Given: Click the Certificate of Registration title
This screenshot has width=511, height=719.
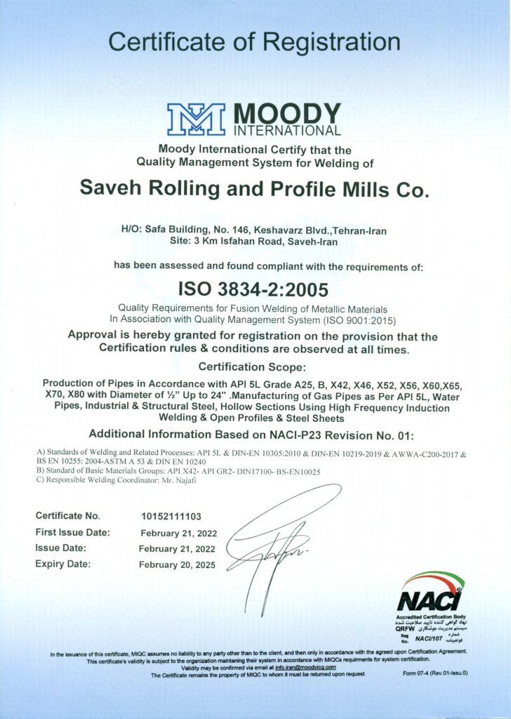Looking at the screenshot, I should [x=255, y=41].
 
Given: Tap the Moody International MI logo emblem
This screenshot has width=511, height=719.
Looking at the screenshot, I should [x=196, y=119].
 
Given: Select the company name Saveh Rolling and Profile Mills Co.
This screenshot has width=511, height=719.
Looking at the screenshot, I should [x=253, y=189].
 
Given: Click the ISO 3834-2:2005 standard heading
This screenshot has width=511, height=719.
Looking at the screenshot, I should [x=254, y=289].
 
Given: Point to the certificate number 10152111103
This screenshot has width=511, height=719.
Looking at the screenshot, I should [x=172, y=516].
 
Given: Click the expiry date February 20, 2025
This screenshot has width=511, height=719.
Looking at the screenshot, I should [x=178, y=565].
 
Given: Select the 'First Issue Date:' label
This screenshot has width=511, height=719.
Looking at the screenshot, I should [x=72, y=532].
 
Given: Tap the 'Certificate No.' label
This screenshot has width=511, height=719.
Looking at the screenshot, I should [x=67, y=516].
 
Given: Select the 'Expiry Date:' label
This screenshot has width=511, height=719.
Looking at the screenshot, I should [x=63, y=564].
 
